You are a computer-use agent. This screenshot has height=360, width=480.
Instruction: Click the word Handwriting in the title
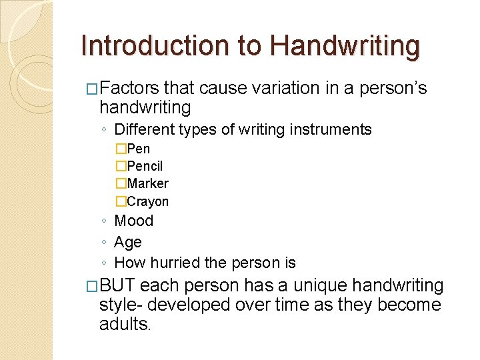coord(345,47)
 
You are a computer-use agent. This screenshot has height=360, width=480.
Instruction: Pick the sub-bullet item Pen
coord(138,149)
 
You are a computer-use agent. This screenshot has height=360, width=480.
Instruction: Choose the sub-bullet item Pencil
coord(145,166)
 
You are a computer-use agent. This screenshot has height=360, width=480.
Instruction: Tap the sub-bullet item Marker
coord(147,183)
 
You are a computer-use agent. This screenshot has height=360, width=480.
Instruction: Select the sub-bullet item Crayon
coord(147,201)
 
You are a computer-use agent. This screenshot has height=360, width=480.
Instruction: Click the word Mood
coord(134,221)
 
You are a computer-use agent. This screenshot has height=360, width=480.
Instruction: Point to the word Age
coord(128,242)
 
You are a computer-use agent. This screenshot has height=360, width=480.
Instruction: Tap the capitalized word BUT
coord(117,286)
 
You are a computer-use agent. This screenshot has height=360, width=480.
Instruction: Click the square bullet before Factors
coord(93,88)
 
